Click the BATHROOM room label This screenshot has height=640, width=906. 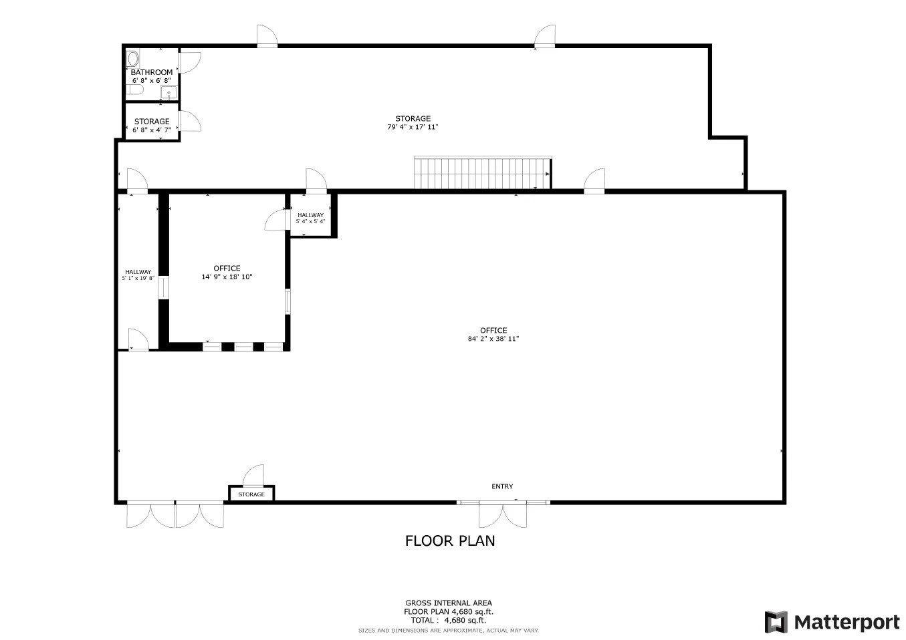pos(151,71)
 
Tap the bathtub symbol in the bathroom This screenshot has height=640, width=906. pos(133,57)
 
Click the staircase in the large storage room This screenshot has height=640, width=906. pos(482,173)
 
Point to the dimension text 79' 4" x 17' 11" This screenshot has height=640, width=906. pos(413,127)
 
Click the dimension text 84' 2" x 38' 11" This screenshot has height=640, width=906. pos(493,339)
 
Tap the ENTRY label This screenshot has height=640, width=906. pos(502,486)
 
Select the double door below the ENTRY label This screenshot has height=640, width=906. pos(503,515)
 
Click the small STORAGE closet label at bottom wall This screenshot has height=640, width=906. pos(251,494)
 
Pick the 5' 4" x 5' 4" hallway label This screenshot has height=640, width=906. pos(310,221)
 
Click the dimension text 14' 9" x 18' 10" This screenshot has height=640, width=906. pos(227,277)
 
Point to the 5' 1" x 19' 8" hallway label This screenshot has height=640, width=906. pos(138,278)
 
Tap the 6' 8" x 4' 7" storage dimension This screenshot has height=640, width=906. pos(152,130)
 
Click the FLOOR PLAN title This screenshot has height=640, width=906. pos(450,540)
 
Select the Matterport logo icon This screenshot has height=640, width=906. pos(776,622)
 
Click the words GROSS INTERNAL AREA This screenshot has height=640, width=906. pos(449,603)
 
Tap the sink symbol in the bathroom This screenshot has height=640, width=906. pos(169,92)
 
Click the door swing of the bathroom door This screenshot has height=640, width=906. pos(189,61)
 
